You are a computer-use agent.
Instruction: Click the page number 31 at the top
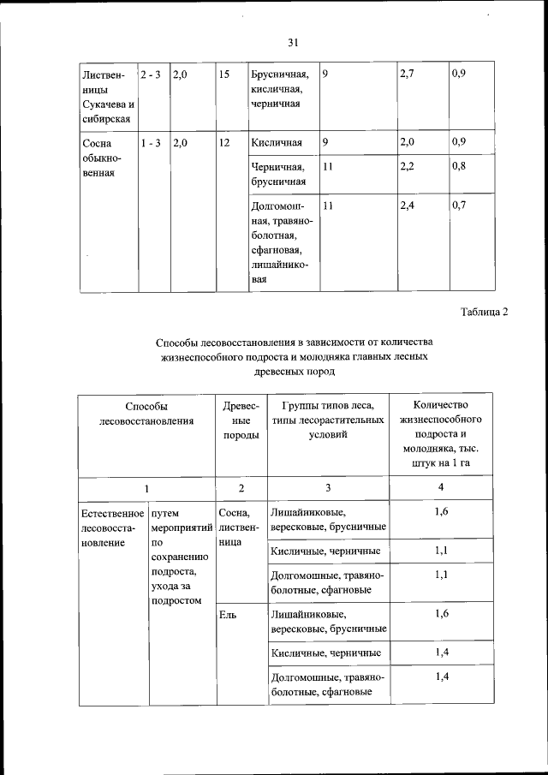(x=293, y=42)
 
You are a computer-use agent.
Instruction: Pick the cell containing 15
(x=224, y=75)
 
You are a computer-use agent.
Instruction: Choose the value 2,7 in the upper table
(x=407, y=75)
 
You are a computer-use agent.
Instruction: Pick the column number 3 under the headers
(x=327, y=487)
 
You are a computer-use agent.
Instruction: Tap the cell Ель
(x=227, y=614)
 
